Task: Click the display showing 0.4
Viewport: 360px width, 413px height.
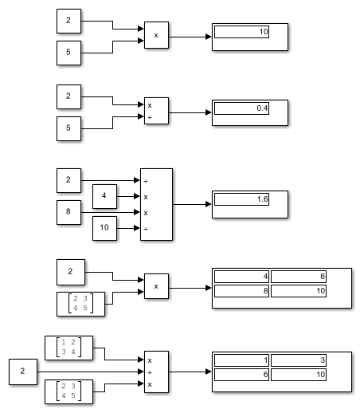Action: (250, 112)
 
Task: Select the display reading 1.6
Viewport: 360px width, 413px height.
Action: (250, 204)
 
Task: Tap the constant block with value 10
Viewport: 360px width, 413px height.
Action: (104, 228)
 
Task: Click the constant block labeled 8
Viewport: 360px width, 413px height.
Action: (68, 212)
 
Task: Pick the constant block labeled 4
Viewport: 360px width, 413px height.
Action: (104, 196)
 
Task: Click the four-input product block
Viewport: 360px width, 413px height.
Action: (156, 204)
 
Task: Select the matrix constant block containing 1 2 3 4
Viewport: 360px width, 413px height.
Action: (68, 348)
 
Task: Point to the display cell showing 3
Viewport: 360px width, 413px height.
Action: (299, 360)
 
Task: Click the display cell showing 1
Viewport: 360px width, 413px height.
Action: (241, 360)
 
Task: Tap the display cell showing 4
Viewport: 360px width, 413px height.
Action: (241, 277)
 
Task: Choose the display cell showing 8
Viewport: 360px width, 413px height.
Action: (241, 291)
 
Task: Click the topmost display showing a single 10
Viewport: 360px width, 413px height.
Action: (250, 37)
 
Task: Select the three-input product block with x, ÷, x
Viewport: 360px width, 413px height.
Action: (156, 372)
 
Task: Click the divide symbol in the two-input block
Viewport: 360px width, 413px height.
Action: (150, 117)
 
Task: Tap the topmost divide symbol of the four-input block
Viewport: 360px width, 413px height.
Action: (146, 181)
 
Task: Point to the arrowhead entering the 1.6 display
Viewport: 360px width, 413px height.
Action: (209, 204)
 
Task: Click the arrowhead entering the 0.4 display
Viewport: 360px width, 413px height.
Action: (209, 112)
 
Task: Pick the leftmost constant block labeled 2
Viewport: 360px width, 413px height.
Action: (23, 372)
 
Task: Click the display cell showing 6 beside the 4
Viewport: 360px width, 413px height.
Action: (299, 277)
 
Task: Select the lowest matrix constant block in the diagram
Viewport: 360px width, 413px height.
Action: (68, 391)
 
